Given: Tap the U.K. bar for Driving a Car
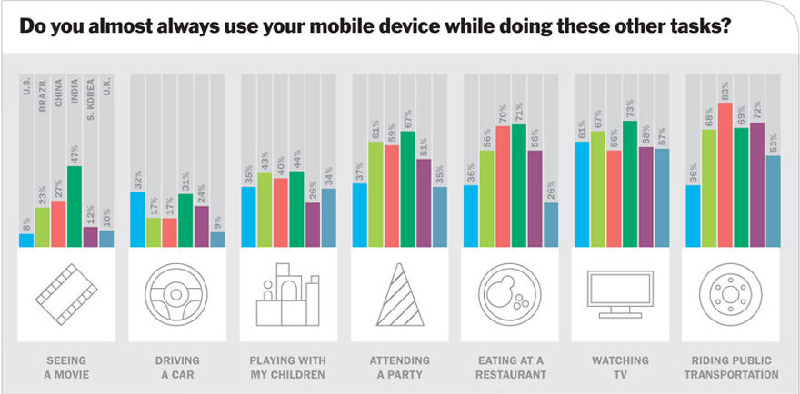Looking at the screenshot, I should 217,240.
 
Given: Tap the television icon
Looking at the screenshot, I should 621,294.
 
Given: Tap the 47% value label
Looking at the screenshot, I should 74,154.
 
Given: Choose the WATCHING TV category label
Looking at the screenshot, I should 621,366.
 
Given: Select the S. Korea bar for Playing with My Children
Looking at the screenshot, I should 312,225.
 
